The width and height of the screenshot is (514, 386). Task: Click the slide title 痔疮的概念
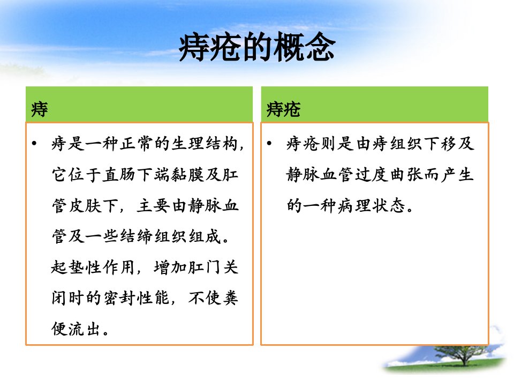tap(257, 47)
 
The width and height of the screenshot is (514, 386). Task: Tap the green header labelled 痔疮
tap(375, 105)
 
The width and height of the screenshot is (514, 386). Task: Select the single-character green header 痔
tap(139, 105)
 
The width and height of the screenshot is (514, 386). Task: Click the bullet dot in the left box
tap(34, 144)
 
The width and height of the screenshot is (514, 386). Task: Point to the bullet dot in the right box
tap(269, 144)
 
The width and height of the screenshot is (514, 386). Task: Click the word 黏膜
tap(187, 174)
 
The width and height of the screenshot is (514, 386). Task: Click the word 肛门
tap(205, 267)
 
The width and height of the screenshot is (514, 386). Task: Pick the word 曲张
tap(406, 174)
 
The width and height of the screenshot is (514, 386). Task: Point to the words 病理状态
tap(372, 205)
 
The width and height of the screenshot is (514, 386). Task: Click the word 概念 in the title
tap(304, 47)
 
